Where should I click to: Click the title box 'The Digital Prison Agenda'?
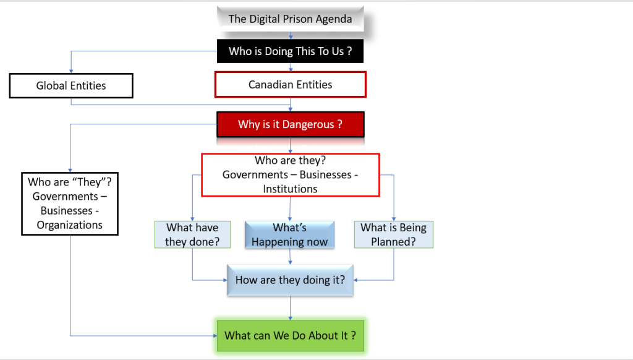(x=290, y=19)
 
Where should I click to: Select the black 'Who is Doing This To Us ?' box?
(x=290, y=51)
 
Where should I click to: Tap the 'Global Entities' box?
(x=71, y=86)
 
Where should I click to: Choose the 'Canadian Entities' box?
(x=290, y=85)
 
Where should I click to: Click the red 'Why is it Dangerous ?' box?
(x=290, y=124)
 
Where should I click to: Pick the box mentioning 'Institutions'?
(x=290, y=175)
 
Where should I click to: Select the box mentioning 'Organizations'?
(x=70, y=204)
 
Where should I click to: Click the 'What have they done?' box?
(x=192, y=234)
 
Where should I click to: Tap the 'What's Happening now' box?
(x=289, y=234)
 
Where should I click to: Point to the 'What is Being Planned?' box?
(x=393, y=234)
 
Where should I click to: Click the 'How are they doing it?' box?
(x=290, y=280)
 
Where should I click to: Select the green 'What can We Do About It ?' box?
(x=290, y=335)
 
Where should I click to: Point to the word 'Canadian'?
(x=270, y=85)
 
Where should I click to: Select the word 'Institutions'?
(x=290, y=189)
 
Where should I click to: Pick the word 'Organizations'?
(x=70, y=225)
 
